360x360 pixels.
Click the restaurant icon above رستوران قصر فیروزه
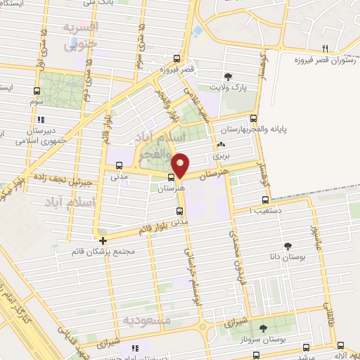[x=325, y=49]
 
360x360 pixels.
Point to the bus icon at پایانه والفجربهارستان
[x=253, y=119]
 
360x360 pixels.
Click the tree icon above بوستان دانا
[x=288, y=245]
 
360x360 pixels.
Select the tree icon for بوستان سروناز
[x=264, y=328]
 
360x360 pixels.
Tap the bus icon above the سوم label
[x=37, y=91]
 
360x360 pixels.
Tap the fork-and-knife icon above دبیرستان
[x=41, y=120]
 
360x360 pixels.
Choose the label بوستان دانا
[x=288, y=257]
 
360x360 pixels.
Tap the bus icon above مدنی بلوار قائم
[x=179, y=210]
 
